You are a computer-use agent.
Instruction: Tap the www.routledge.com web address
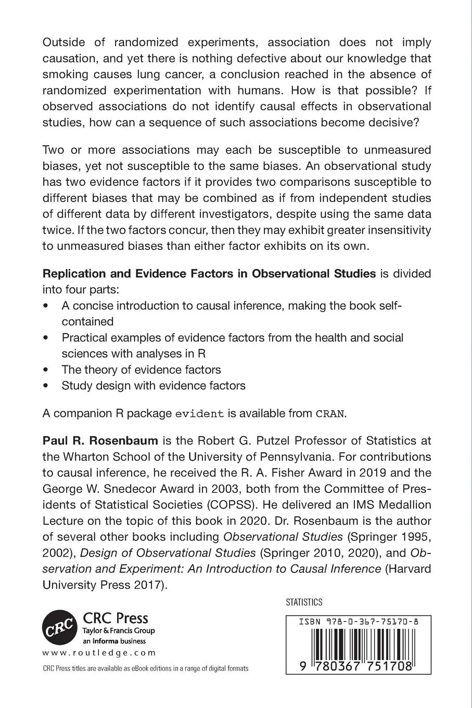point(98,653)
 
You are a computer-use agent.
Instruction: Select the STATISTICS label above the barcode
point(304,602)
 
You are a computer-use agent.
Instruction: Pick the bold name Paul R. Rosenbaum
point(100,441)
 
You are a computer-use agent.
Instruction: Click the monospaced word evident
point(200,414)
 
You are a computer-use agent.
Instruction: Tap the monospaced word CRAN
point(330,414)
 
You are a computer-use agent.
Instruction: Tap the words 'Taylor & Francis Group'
point(119,631)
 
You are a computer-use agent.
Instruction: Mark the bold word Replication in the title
point(73,273)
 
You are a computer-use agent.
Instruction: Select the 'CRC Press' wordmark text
point(116,618)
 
